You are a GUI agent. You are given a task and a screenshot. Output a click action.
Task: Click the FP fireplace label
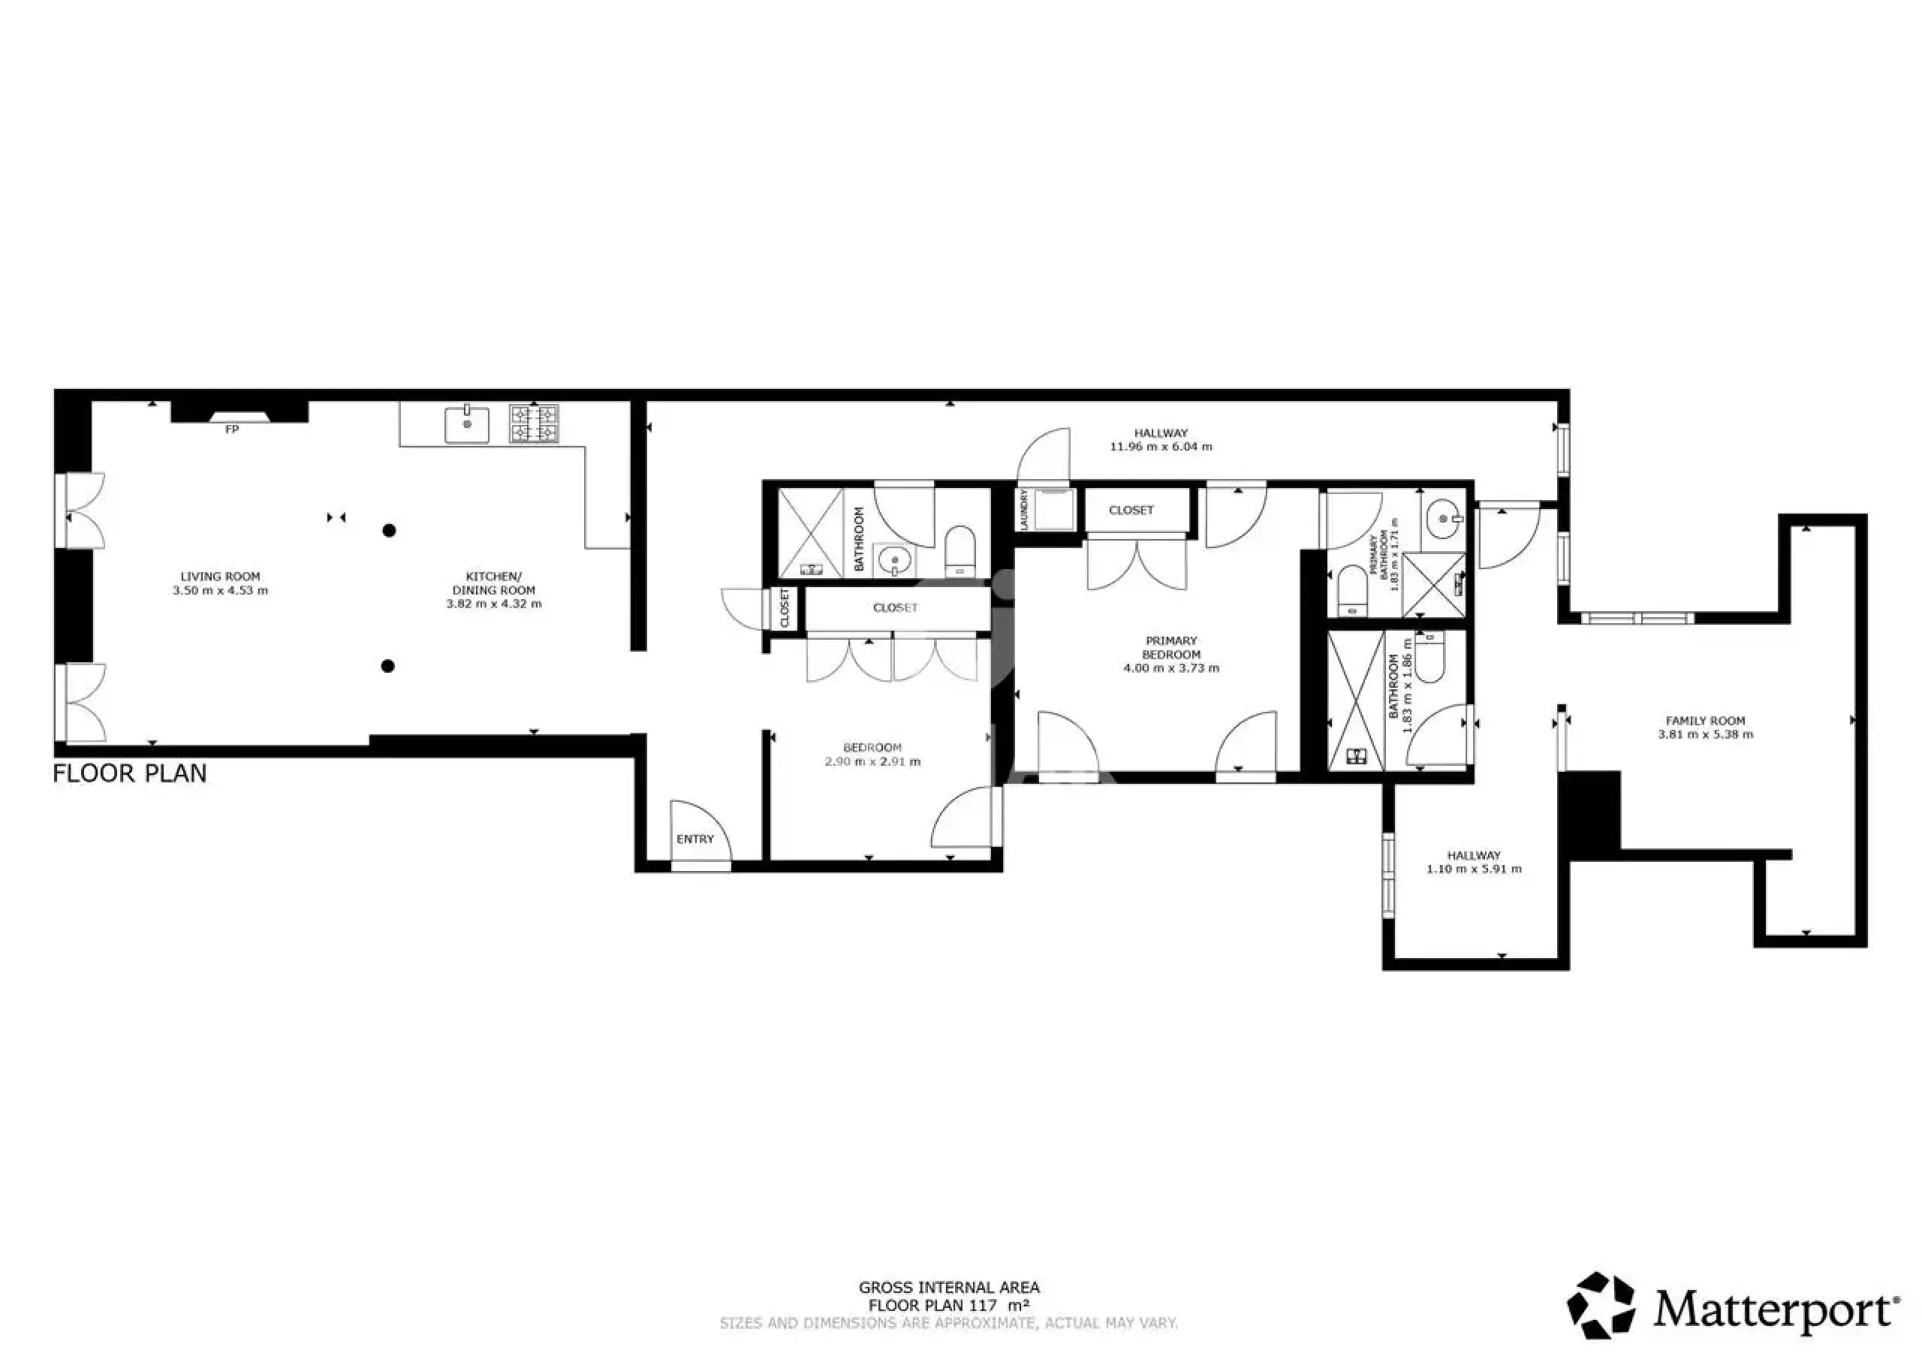click(x=232, y=429)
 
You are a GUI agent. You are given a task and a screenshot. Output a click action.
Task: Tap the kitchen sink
click(x=467, y=423)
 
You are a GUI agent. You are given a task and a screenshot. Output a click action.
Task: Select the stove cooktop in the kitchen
click(x=534, y=423)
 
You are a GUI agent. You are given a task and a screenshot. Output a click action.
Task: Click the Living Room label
click(x=220, y=576)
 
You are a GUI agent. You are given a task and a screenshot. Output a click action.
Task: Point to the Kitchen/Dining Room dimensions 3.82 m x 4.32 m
click(x=494, y=604)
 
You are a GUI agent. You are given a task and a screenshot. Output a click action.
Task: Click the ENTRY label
click(x=694, y=839)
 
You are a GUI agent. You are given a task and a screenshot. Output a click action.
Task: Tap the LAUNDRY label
click(x=1023, y=509)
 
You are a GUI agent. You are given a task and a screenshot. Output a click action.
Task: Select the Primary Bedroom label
click(x=1171, y=647)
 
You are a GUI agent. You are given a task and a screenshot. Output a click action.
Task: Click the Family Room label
click(x=1705, y=721)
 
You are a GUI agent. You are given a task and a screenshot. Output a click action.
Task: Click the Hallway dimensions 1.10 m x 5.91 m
click(x=1474, y=869)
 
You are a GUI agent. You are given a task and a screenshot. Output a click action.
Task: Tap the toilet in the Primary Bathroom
click(x=1352, y=591)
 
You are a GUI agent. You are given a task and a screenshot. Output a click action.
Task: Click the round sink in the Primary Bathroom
click(x=1444, y=519)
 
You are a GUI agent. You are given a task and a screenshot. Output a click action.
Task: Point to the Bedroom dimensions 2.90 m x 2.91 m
click(x=872, y=762)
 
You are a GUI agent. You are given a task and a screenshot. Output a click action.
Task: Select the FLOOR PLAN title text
click(x=130, y=773)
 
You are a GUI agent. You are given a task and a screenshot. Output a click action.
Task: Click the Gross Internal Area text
click(x=949, y=1288)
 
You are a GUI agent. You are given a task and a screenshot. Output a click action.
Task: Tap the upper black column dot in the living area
click(x=389, y=530)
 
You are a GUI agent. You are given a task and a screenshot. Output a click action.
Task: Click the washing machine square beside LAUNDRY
click(x=1054, y=509)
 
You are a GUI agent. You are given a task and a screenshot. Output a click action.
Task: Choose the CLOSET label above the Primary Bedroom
click(x=1131, y=510)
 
